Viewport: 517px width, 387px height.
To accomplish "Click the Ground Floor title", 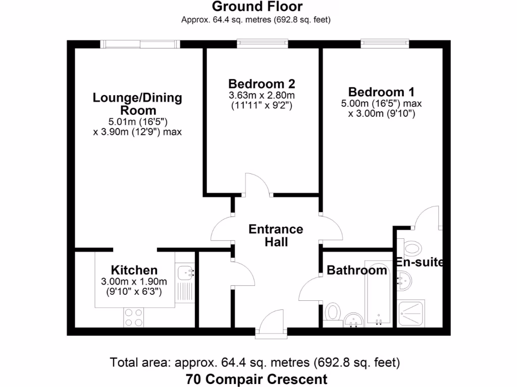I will coord(257,7).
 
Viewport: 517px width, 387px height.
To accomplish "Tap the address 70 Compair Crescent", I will coord(256,379).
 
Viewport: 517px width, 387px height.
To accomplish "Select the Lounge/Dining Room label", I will coord(137,104).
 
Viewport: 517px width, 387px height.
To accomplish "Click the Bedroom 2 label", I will coord(261,84).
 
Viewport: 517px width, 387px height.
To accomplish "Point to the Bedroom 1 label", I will coord(381,92).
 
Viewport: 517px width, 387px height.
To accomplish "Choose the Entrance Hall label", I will coord(276,235).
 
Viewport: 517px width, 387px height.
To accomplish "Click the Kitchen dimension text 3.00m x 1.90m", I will coord(134,282).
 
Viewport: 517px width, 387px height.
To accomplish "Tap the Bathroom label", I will coord(357,270).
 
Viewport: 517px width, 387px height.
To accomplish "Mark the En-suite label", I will coord(419,263).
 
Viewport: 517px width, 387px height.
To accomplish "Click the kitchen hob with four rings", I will coord(134,317).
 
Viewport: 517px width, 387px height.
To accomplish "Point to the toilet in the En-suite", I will coord(413,247).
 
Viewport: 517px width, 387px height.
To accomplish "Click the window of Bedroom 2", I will coord(263,44).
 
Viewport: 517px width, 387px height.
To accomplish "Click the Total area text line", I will coord(255,362).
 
